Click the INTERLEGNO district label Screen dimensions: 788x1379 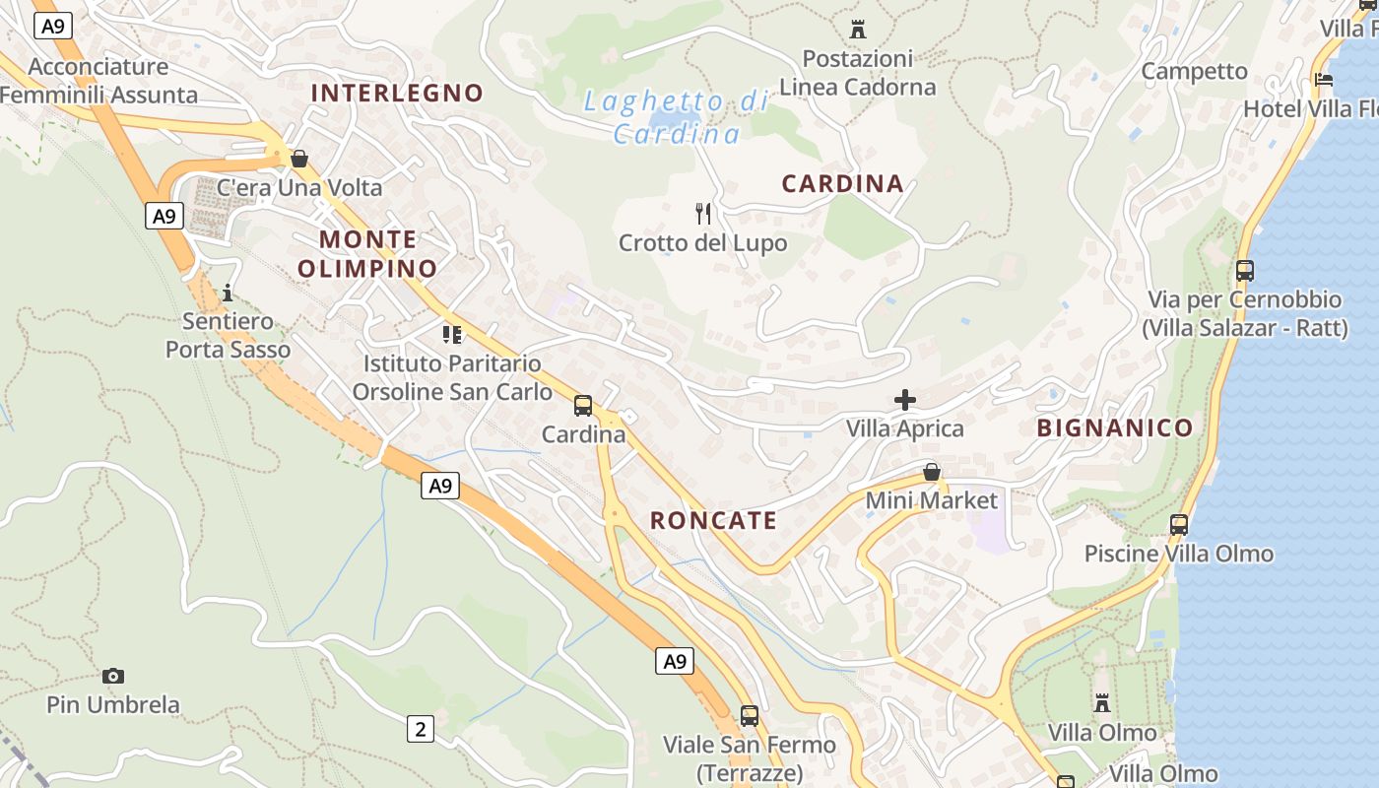[x=397, y=93]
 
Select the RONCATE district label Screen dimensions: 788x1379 [x=713, y=521]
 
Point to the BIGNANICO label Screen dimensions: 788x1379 [x=1114, y=427]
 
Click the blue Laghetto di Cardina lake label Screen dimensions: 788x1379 [x=676, y=116]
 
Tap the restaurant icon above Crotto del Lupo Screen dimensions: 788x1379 [x=703, y=213]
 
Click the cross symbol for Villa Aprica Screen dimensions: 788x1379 [x=904, y=400]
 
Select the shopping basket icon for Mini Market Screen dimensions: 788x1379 [x=931, y=473]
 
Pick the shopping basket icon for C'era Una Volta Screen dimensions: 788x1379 [x=299, y=159]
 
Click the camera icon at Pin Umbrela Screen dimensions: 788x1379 [x=113, y=676]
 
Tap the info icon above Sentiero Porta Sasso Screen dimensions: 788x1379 [x=228, y=293]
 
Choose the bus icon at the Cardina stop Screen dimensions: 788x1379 [x=583, y=405]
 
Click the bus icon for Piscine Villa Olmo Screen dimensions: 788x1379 [x=1179, y=525]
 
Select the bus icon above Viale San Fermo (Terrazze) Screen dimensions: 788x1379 [x=750, y=716]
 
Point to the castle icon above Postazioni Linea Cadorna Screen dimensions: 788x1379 [x=857, y=29]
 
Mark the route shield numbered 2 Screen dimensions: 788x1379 [x=421, y=729]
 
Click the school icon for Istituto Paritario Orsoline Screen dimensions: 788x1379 [x=452, y=335]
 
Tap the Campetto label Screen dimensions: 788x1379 [x=1194, y=71]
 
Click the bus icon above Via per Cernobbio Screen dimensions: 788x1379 [x=1245, y=271]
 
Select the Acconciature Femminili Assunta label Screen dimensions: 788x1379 [x=98, y=81]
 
